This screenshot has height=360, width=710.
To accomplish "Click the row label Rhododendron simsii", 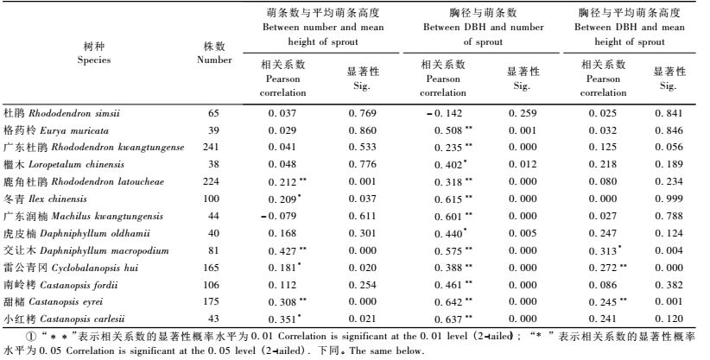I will (61, 113).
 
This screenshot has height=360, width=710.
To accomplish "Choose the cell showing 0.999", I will (667, 199).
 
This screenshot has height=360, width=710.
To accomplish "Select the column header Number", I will (214, 54).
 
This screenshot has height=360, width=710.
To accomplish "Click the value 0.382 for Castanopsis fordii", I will (667, 284).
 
